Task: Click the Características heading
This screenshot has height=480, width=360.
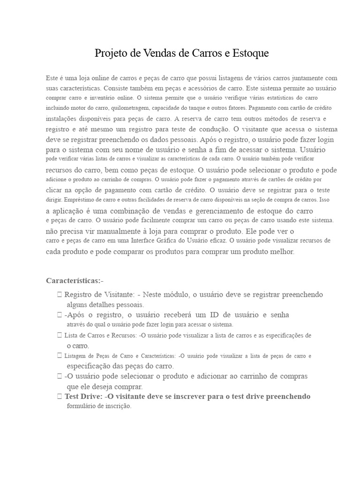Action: [x=73, y=281]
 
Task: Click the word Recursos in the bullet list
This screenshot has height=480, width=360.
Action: [x=119, y=336]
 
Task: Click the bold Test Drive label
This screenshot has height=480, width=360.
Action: [x=83, y=397]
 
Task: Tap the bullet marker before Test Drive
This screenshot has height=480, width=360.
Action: [x=59, y=397]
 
